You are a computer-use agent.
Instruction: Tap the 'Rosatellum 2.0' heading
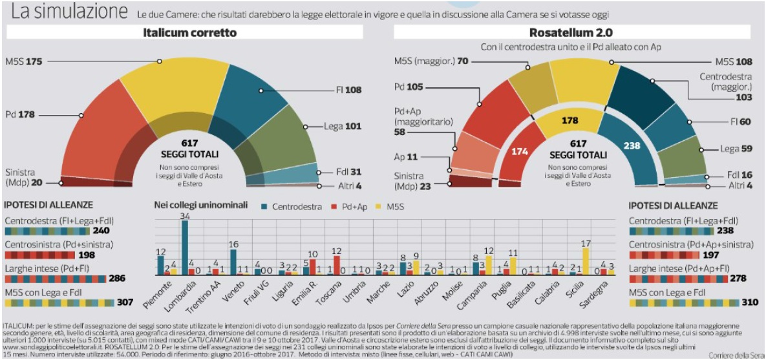pyautogui.click(x=571, y=32)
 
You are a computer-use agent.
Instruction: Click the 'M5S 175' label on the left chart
pyautogui.click(x=24, y=61)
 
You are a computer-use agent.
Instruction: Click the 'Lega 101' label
pyautogui.click(x=343, y=126)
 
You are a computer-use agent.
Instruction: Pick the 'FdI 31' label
pyautogui.click(x=348, y=171)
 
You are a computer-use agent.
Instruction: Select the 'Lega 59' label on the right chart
pyautogui.click(x=737, y=149)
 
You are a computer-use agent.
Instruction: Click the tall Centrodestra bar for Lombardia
pyautogui.click(x=185, y=248)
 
